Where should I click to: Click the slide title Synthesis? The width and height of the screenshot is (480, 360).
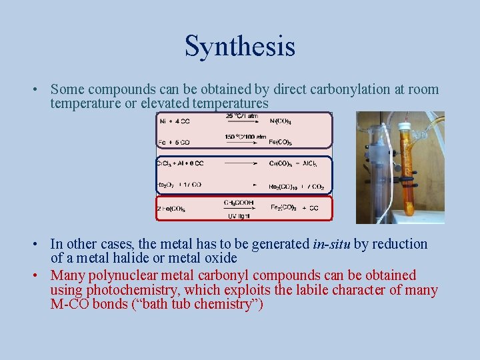(239, 47)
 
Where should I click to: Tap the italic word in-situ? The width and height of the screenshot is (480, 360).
(331, 244)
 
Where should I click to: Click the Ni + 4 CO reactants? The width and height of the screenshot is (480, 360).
(175, 121)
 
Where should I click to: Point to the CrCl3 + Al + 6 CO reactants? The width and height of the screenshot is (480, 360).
(180, 163)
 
